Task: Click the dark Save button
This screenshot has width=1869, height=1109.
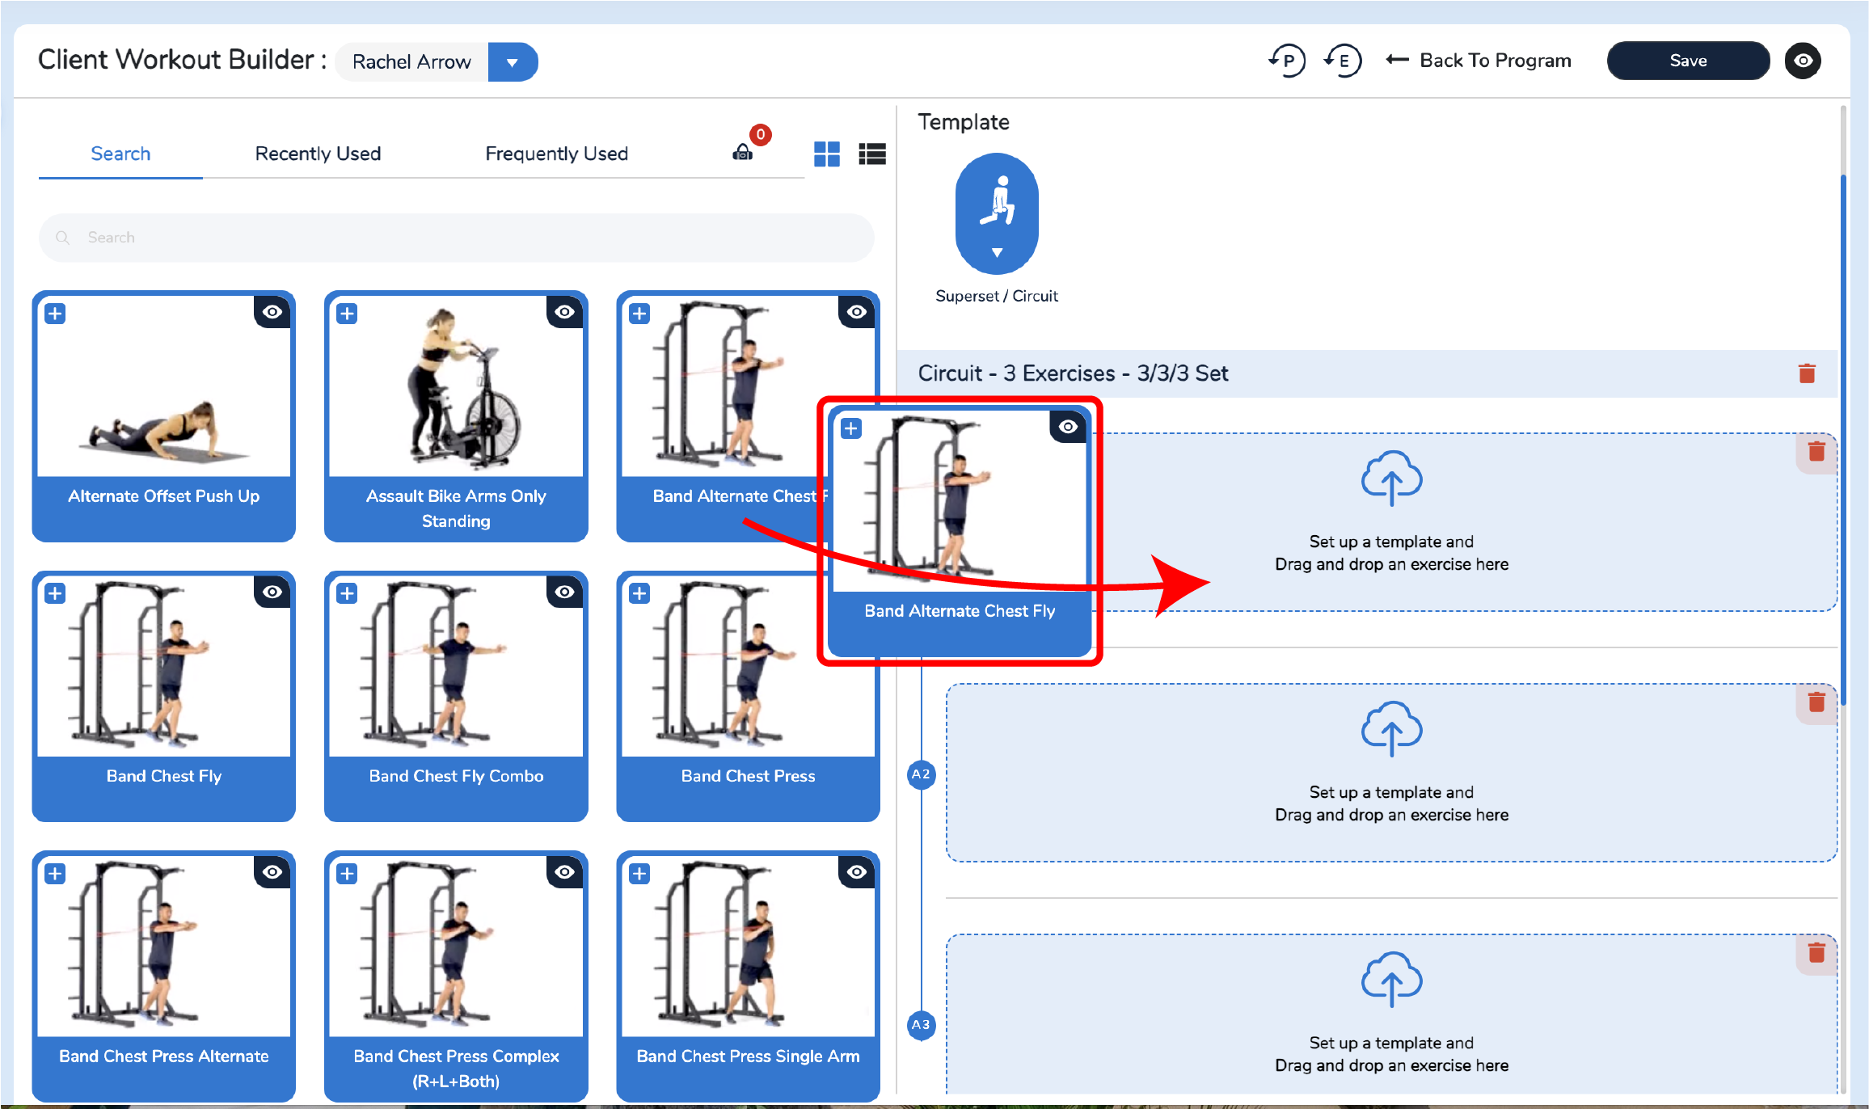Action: click(x=1688, y=61)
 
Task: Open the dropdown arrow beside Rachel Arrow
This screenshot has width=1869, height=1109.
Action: click(x=513, y=62)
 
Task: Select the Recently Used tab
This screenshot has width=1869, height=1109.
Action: click(x=318, y=154)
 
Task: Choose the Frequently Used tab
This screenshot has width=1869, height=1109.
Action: click(x=556, y=154)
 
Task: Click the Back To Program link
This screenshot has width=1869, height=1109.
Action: click(x=1479, y=61)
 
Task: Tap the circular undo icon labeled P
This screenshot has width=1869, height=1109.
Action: click(x=1287, y=61)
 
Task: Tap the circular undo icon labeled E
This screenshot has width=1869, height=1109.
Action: click(x=1343, y=61)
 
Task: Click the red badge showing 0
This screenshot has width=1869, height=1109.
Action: click(x=760, y=134)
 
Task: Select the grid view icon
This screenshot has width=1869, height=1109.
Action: click(x=826, y=154)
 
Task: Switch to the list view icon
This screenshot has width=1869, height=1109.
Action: click(x=872, y=154)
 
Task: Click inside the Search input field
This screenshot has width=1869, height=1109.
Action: click(x=457, y=238)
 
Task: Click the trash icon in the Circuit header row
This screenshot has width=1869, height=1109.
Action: click(x=1807, y=373)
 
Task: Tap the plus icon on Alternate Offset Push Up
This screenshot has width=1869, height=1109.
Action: click(x=55, y=314)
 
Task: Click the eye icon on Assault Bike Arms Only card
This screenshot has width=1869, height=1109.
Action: click(x=564, y=312)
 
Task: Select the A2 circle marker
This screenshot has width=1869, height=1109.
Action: click(x=921, y=774)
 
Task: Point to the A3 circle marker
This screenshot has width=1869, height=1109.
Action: click(x=921, y=1025)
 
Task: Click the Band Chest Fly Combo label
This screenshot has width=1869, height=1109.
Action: click(x=456, y=776)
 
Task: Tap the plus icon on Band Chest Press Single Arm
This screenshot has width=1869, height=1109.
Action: click(x=639, y=874)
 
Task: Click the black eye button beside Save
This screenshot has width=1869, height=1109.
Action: click(x=1803, y=61)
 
